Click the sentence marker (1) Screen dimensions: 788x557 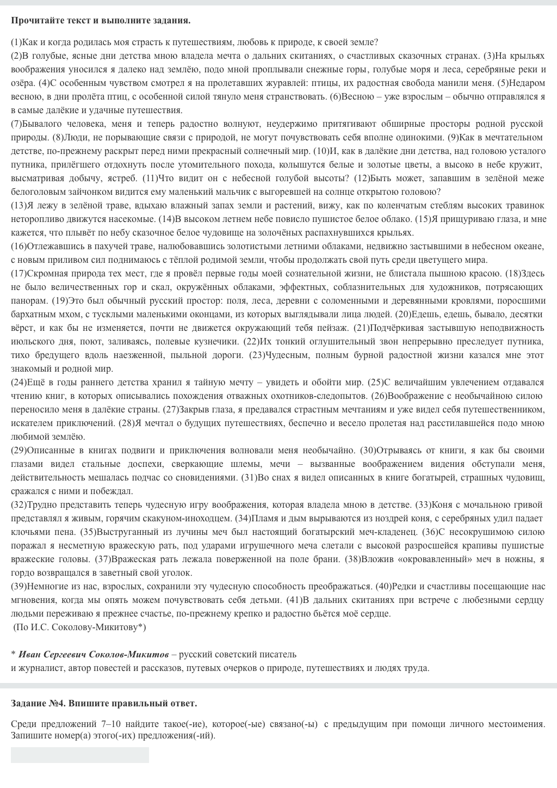click(16, 42)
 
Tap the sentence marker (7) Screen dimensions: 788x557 click(16, 124)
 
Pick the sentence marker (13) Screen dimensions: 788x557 click(18, 206)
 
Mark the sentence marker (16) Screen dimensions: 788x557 click(18, 247)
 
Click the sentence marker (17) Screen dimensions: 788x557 click(18, 274)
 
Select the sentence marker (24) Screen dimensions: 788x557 click(18, 383)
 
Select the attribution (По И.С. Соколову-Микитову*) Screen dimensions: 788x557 click(79, 627)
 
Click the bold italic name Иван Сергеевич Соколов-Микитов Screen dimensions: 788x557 click(94, 654)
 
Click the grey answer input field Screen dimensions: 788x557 click(80, 755)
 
